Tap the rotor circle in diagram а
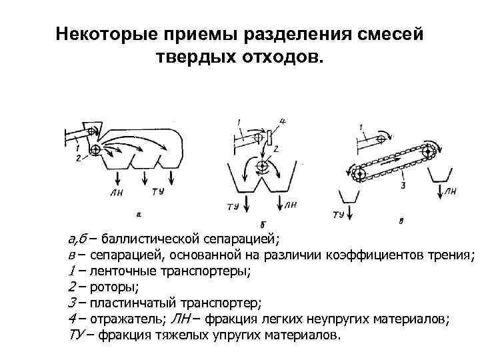point(95,150)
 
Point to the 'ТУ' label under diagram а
point(158,192)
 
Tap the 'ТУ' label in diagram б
point(233,207)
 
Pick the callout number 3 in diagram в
point(403,186)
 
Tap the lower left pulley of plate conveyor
point(359,173)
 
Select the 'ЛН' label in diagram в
point(451,192)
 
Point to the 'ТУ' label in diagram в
point(338,215)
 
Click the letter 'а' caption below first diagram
point(138,214)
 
